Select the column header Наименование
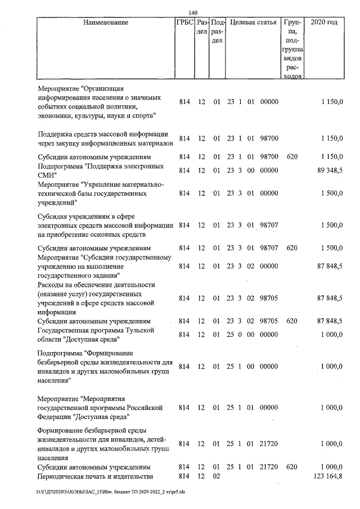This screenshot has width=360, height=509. tap(105, 23)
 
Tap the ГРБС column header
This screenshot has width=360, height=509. tap(184, 23)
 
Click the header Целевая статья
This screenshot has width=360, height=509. tap(253, 23)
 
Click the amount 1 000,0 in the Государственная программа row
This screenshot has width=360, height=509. tap(331, 335)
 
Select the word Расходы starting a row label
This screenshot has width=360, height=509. tap(51, 285)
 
